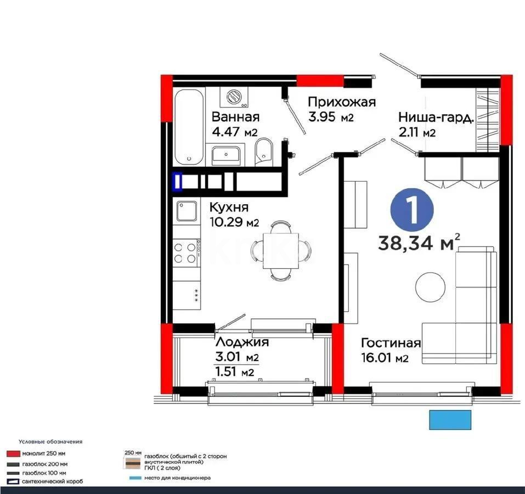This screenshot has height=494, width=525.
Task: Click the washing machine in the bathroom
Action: [x=234, y=97]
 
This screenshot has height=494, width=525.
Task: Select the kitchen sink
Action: [x=187, y=211]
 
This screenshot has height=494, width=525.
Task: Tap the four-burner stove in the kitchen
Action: [x=185, y=253]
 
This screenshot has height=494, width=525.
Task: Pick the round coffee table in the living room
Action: [x=430, y=286]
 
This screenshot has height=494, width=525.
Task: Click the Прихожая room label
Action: [x=341, y=102]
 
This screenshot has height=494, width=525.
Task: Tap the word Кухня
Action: [x=229, y=207]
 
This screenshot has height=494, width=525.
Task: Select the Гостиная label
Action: [x=391, y=344]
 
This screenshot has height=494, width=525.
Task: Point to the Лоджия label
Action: [x=242, y=343]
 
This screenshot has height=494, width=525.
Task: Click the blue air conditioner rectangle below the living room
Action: [x=450, y=420]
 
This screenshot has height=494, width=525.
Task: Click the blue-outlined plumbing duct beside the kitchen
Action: [x=177, y=182]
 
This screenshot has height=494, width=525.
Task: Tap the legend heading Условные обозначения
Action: [x=50, y=441]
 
